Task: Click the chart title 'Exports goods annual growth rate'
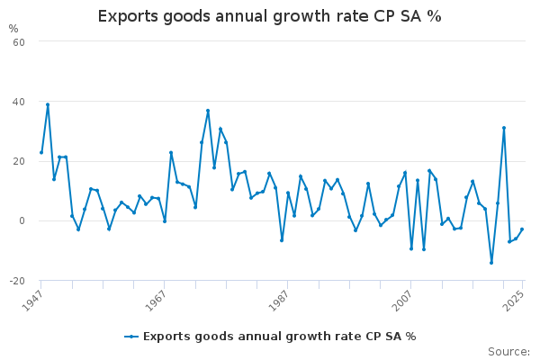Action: [269, 17]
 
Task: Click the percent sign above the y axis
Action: [13, 29]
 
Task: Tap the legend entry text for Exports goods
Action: [279, 337]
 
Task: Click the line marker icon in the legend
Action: [131, 337]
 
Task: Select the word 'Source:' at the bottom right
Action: [508, 352]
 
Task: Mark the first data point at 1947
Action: [41, 152]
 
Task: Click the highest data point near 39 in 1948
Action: [48, 104]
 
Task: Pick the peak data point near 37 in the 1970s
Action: [208, 111]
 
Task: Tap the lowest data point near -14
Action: [491, 263]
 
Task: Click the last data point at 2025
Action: [522, 229]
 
